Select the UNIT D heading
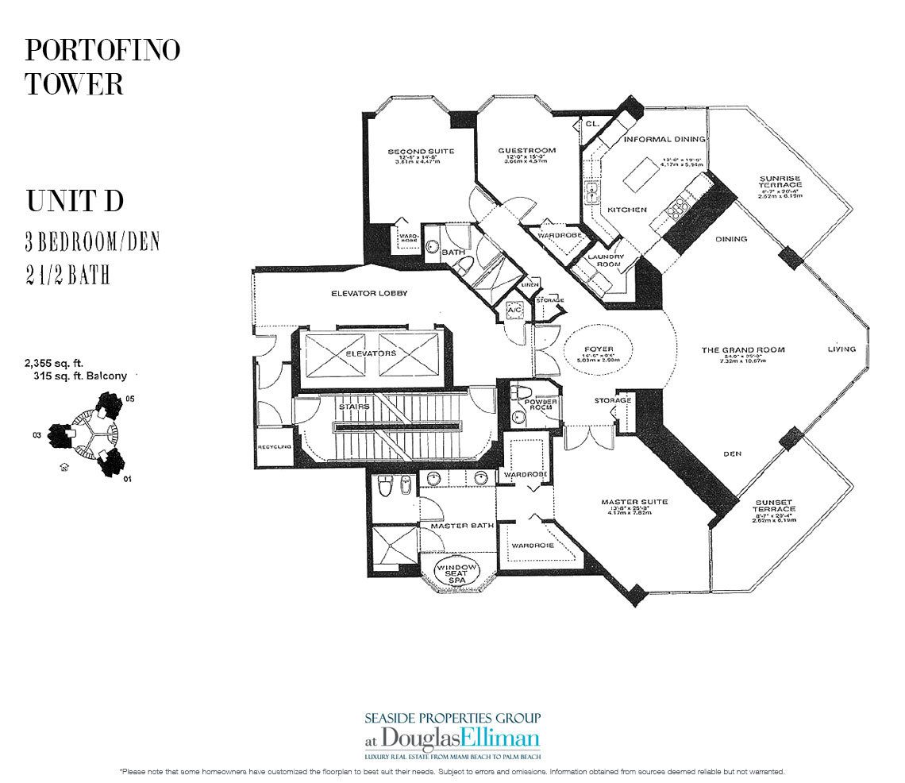coord(75,202)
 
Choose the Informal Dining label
coord(660,139)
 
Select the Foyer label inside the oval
coord(599,346)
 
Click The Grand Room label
coord(742,349)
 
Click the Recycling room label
coord(274,447)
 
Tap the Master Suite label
coord(633,502)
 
